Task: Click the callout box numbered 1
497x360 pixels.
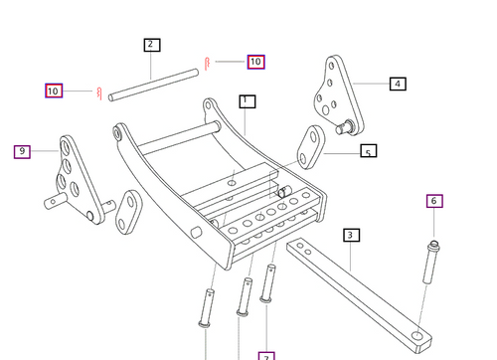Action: pos(247,101)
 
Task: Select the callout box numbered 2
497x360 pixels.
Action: pos(151,45)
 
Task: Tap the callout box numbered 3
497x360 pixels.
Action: pos(351,236)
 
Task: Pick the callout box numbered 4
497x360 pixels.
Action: pos(398,85)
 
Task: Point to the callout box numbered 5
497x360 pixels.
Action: pos(368,153)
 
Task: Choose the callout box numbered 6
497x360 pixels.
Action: pos(434,201)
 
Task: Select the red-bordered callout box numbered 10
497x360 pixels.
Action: pos(255,62)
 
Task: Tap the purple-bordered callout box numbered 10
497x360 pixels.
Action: pos(54,90)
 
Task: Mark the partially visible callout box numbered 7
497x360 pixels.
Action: pos(266,355)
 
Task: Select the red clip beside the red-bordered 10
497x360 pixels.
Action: pos(206,64)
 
